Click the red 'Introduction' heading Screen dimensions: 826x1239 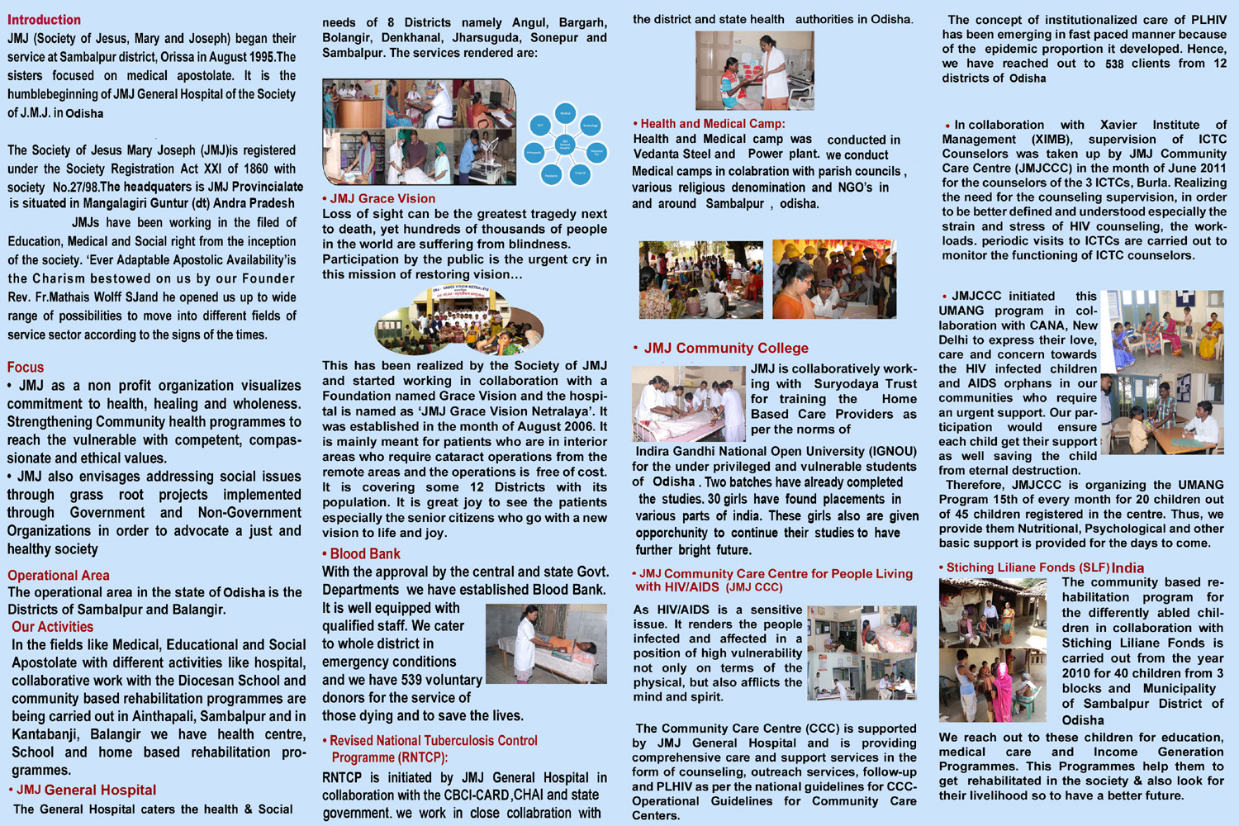[44, 20]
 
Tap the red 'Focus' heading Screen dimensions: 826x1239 [26, 368]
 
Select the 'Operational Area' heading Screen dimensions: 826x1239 [59, 576]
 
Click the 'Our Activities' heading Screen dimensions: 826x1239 [52, 627]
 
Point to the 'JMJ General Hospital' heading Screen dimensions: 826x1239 [86, 790]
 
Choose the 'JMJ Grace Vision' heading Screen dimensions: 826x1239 [382, 199]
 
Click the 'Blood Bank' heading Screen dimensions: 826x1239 [365, 554]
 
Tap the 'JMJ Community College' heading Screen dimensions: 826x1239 [726, 349]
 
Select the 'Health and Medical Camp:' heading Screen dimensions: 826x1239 [712, 124]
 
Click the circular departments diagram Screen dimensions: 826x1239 [565, 144]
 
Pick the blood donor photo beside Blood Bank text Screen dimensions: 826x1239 [546, 643]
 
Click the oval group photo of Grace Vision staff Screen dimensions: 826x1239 [459, 320]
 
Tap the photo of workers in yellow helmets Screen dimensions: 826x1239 [833, 279]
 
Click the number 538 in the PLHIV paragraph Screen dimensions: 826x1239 [1114, 64]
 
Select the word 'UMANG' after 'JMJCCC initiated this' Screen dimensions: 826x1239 [961, 311]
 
